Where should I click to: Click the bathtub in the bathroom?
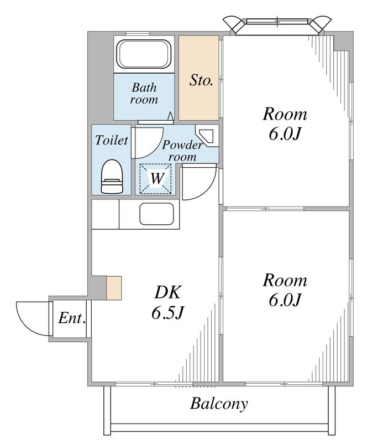[x=144, y=54]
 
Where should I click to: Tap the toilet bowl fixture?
[x=112, y=177]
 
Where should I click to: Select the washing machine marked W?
[x=156, y=179]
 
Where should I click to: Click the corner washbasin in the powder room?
[x=208, y=137]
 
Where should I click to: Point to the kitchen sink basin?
[x=156, y=214]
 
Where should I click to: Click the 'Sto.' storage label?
[x=201, y=80]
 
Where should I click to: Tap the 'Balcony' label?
[x=219, y=404]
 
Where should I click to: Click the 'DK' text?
[x=167, y=292]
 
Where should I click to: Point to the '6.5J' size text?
[x=168, y=313]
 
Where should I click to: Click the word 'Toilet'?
[x=112, y=140]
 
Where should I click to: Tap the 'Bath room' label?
[x=144, y=93]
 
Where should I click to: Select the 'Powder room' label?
[x=182, y=151]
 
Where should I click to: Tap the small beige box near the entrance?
[x=114, y=288]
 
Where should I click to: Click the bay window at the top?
[x=277, y=25]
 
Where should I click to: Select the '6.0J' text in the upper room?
[x=284, y=135]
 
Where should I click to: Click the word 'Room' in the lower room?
[x=285, y=280]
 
